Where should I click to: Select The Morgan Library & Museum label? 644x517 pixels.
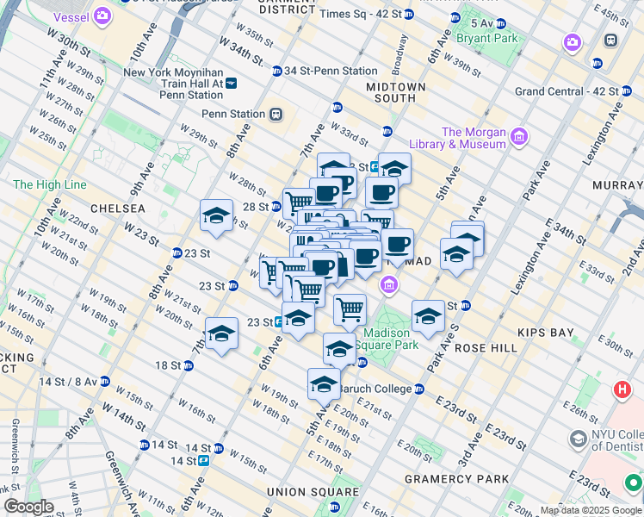tap(473, 138)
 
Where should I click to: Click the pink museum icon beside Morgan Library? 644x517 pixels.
tap(518, 136)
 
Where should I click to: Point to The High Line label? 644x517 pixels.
tap(50, 184)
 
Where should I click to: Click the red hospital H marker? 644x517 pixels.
tap(622, 389)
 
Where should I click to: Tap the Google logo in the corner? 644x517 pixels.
tap(28, 507)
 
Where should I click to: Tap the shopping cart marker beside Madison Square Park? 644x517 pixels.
tap(350, 309)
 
